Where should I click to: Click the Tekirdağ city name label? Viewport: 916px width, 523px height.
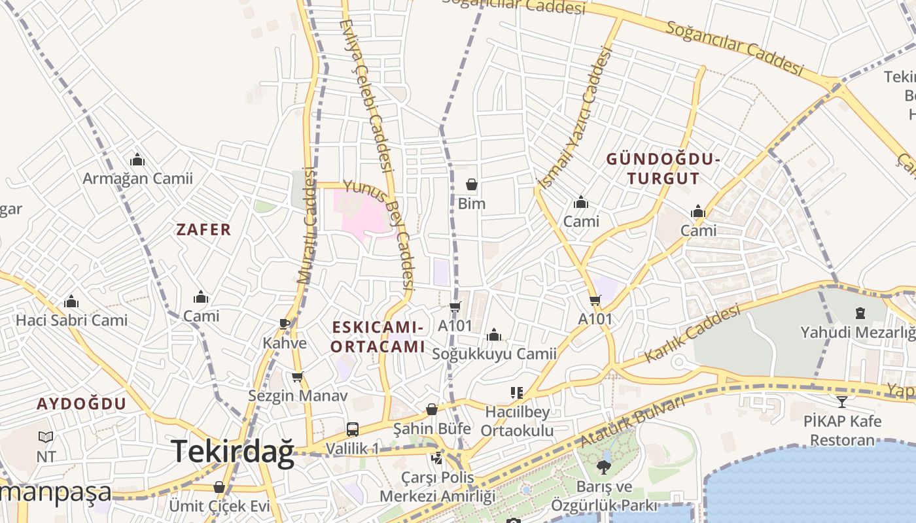(233, 452)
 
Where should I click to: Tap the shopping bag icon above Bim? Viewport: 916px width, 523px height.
(471, 185)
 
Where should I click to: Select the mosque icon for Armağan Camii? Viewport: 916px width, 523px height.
(137, 160)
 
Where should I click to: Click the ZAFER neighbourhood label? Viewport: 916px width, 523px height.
(203, 229)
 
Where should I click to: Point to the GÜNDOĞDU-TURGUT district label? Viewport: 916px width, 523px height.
(663, 169)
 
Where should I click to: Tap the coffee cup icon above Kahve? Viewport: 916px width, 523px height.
(285, 324)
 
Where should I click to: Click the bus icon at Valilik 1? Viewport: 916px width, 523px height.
(352, 430)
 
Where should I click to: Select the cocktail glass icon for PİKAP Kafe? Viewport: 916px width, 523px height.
(842, 401)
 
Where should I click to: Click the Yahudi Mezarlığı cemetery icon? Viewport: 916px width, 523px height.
(861, 314)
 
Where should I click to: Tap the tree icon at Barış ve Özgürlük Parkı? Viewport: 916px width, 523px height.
(603, 467)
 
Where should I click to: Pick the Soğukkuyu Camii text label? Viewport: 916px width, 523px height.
(494, 354)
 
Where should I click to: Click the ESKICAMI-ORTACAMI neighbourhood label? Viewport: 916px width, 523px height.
(378, 337)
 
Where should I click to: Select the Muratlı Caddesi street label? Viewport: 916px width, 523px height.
(306, 226)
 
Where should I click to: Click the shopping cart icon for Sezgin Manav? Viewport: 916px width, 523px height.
(297, 377)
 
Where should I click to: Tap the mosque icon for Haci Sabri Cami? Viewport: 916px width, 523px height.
(71, 301)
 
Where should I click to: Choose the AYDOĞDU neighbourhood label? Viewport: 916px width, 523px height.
(81, 403)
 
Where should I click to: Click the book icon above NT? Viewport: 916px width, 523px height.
(46, 437)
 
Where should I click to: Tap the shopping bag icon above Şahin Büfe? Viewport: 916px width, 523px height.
(431, 410)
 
